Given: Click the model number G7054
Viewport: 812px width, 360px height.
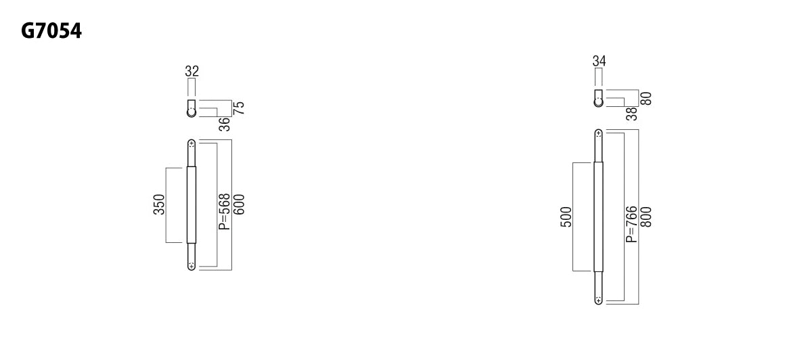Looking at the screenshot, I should [51, 30].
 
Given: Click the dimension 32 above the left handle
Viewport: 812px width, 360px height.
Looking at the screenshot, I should [191, 71].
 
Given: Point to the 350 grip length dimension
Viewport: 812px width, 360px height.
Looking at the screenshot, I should [159, 204].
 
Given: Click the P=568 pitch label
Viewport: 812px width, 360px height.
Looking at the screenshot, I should [225, 211].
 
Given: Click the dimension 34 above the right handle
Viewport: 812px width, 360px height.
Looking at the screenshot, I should [599, 61].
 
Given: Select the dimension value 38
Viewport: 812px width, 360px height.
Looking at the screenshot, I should [632, 114].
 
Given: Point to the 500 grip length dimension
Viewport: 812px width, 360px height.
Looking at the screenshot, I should [566, 217].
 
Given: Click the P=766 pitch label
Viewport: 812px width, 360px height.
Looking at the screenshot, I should [631, 224].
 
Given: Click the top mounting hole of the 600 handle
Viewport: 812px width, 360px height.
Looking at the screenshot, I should [191, 144].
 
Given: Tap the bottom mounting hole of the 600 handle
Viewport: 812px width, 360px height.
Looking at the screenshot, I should [191, 266].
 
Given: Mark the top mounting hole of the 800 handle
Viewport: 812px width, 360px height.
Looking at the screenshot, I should [598, 134].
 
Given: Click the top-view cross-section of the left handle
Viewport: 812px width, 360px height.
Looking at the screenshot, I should [191, 109].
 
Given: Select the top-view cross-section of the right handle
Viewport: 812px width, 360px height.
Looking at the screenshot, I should [598, 99].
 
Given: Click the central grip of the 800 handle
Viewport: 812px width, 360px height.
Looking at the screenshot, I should [598, 217].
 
